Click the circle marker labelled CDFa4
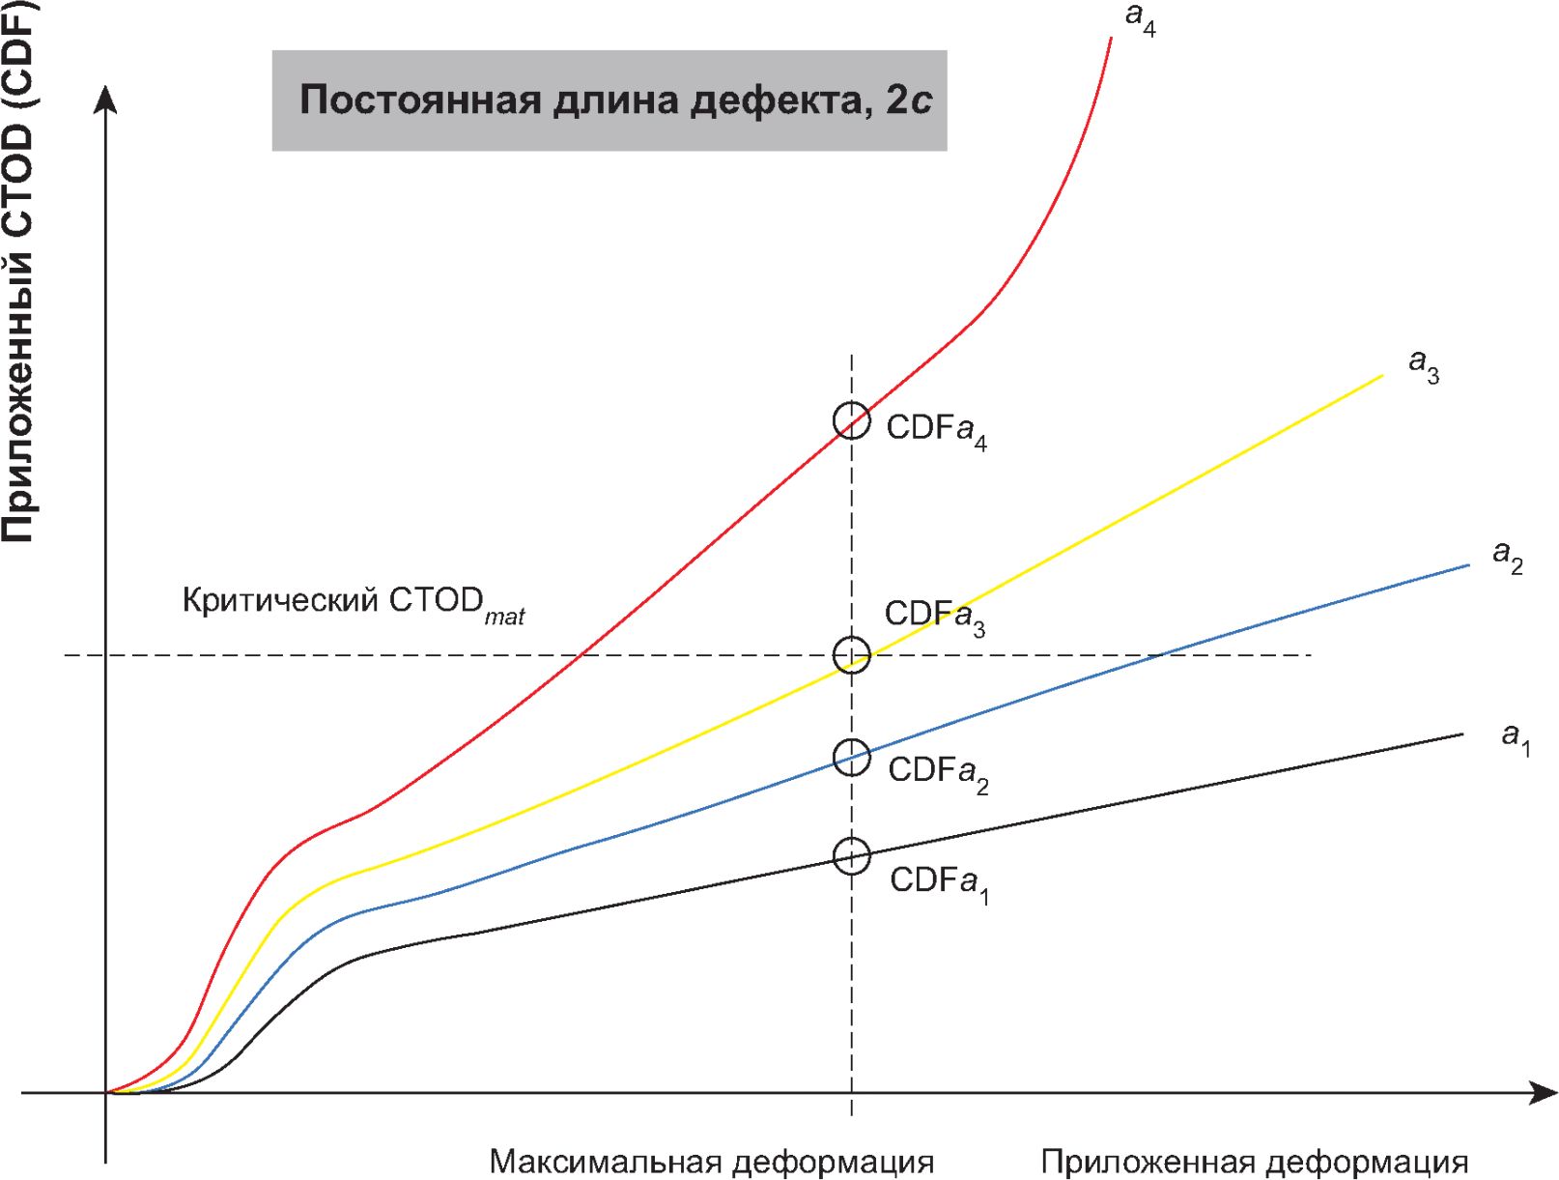851,420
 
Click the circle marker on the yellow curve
851,655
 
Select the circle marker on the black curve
851,855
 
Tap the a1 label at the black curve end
1516,738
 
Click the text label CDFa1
939,883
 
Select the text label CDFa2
938,772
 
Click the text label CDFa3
935,617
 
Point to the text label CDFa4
936,430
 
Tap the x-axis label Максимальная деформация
712,1161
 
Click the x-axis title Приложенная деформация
1255,1161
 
